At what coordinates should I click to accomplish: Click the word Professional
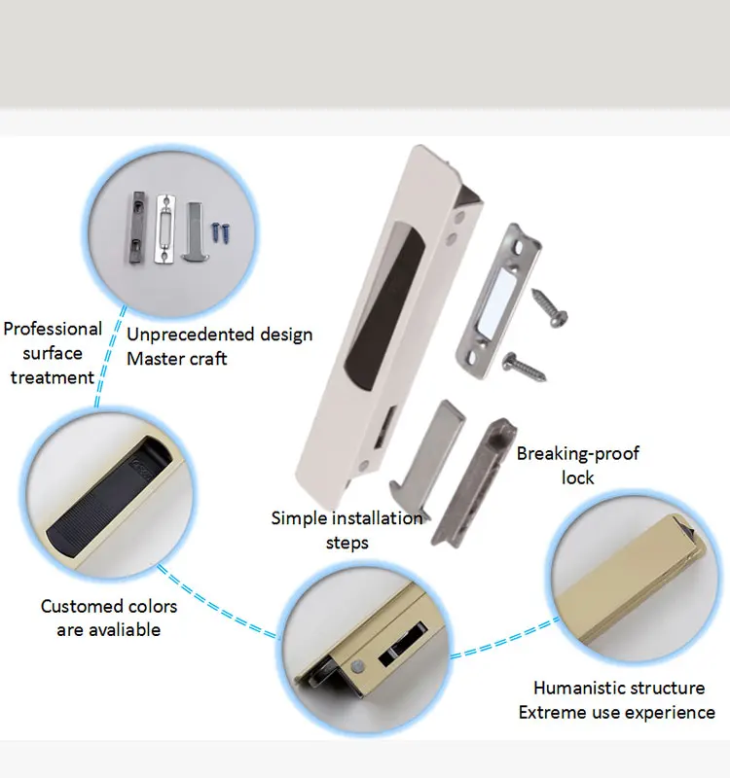[53, 329]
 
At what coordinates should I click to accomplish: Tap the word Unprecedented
[185, 335]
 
